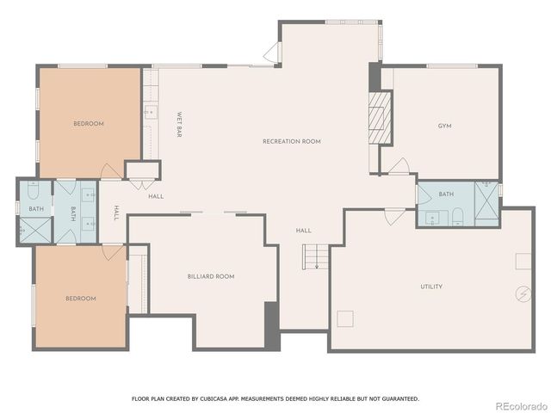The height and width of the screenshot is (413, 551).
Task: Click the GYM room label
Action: tap(444, 126)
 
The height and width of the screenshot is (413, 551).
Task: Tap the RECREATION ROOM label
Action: tap(292, 141)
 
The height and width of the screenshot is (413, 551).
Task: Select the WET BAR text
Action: tap(179, 126)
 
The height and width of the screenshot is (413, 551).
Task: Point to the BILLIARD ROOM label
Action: tap(211, 276)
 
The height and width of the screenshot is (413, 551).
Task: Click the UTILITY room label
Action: tap(431, 287)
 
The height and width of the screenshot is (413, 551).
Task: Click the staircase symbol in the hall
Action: tap(315, 256)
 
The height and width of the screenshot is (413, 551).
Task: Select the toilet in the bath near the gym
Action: tap(458, 215)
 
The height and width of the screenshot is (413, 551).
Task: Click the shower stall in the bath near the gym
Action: tap(486, 205)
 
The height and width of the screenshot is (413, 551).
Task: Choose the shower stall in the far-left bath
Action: tap(34, 230)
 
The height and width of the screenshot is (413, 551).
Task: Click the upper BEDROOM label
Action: tap(88, 124)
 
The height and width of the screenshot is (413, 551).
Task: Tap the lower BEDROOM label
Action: tap(81, 299)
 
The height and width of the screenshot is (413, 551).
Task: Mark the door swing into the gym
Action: tap(397, 166)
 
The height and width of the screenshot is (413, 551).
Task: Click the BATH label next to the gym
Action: tap(446, 194)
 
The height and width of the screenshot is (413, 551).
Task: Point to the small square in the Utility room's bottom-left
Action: tap(346, 318)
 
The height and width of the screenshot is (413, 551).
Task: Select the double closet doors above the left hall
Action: tap(142, 182)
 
